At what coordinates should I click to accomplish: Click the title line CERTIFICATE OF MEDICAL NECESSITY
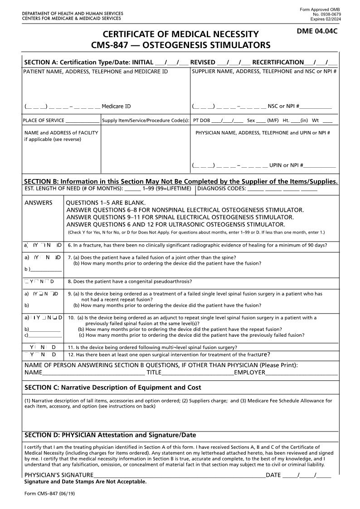(180, 34)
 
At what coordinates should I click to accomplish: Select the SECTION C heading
(112, 388)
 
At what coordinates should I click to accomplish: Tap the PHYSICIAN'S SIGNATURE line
(179, 475)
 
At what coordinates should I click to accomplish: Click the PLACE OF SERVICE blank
(82, 121)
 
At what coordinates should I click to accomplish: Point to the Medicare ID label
(116, 107)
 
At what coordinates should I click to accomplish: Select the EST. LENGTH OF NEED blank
(132, 189)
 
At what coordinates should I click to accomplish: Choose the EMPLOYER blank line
(302, 373)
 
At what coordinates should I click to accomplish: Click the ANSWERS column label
(38, 203)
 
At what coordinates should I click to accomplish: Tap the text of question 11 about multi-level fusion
(152, 348)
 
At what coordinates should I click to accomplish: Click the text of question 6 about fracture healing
(197, 245)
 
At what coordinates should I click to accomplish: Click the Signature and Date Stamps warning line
(85, 482)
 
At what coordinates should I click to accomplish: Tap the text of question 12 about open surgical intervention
(169, 354)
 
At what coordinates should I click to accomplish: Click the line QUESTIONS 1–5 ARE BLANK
(106, 203)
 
